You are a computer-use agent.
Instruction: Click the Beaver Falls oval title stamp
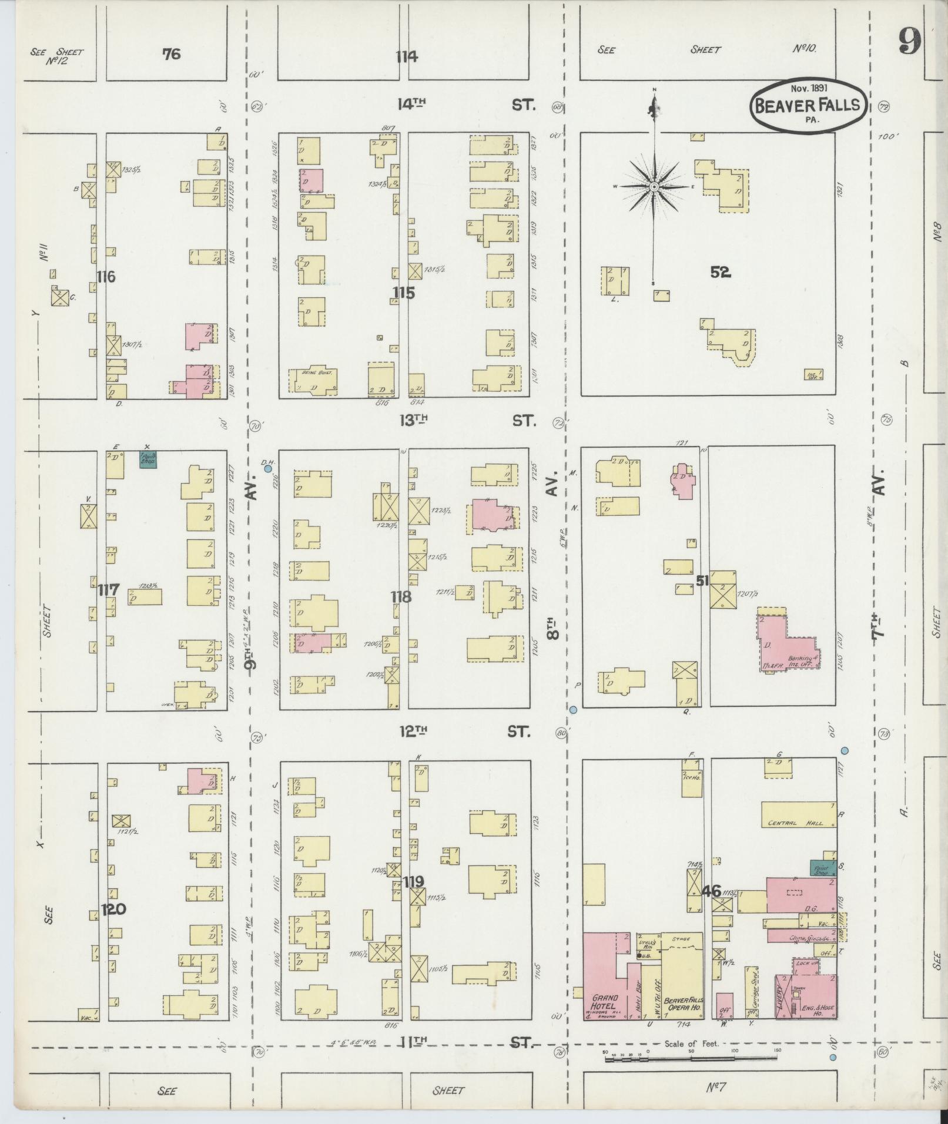(x=808, y=106)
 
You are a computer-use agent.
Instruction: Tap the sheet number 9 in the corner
(x=909, y=42)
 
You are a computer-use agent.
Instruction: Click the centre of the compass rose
(x=654, y=186)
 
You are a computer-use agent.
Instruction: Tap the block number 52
(x=720, y=271)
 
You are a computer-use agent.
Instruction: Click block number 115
(x=404, y=292)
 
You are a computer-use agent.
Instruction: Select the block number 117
(x=109, y=589)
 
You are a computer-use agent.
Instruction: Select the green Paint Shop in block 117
(x=148, y=458)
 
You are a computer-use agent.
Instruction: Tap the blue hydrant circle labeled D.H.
(x=268, y=469)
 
